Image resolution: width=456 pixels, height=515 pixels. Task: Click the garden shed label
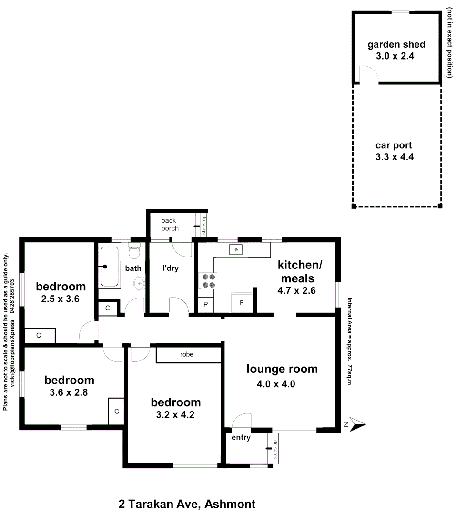[x=396, y=45]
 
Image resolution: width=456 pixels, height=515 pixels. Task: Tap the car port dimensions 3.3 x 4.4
[x=394, y=156]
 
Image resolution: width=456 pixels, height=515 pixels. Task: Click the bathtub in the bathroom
[x=109, y=267]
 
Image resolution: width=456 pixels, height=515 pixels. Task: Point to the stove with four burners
[x=208, y=280]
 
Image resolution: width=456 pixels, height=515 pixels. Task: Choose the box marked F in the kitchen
[x=242, y=302]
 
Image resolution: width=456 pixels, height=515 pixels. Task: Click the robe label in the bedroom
[x=186, y=355]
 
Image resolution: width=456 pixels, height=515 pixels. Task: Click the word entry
[x=241, y=438]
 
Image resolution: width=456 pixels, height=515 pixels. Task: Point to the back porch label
[x=169, y=224]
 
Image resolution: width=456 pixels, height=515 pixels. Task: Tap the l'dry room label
[x=170, y=268]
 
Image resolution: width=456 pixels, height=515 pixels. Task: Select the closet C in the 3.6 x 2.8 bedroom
[x=116, y=411]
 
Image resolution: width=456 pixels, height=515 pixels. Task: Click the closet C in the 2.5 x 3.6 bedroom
[x=39, y=336]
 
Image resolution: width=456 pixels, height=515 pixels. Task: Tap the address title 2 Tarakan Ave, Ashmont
[x=187, y=504]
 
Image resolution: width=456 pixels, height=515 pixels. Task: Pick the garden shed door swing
[x=368, y=74]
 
